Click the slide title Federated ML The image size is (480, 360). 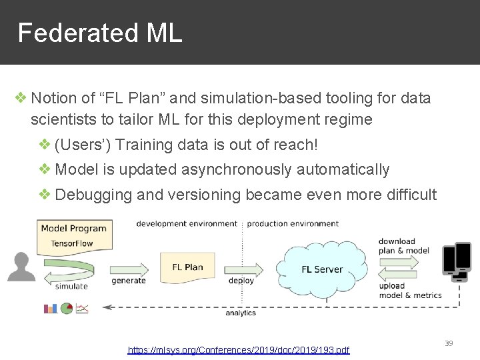tap(99, 33)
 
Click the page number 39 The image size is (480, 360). tap(449, 343)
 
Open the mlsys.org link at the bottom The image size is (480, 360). tap(239, 350)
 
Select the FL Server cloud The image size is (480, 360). tap(322, 269)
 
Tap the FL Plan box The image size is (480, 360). tap(187, 267)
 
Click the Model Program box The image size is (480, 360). tap(73, 228)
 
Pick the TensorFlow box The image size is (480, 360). tap(72, 243)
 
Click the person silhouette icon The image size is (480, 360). tap(21, 267)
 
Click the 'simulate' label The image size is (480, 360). tap(71, 287)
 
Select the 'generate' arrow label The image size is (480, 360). tap(129, 281)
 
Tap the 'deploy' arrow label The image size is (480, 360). tap(241, 281)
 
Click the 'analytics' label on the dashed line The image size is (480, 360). tap(241, 313)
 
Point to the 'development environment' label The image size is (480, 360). tap(187, 223)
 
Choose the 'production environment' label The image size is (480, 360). tap(293, 223)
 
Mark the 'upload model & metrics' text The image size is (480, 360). tap(410, 290)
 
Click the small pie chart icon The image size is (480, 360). tap(66, 308)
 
